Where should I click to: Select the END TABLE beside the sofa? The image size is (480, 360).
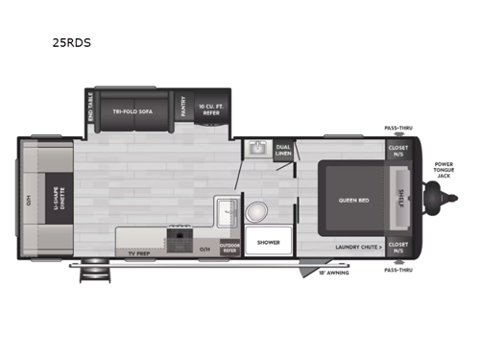coord(90,108)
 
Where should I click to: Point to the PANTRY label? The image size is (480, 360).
coord(183,108)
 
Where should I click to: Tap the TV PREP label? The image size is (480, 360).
coord(138,252)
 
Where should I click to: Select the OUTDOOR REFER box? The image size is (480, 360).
coord(229,247)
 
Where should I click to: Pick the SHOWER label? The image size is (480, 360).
coord(269,244)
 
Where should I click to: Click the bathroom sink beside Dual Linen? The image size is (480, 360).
coord(255,149)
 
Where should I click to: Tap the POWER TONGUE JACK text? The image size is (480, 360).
coord(444,170)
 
